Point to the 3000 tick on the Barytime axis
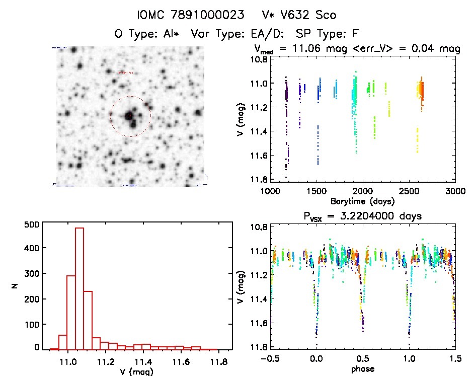pos(455,191)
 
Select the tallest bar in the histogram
pos(80,288)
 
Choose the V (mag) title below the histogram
pos(135,372)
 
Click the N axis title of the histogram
pos(16,286)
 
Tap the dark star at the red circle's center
pos(130,116)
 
